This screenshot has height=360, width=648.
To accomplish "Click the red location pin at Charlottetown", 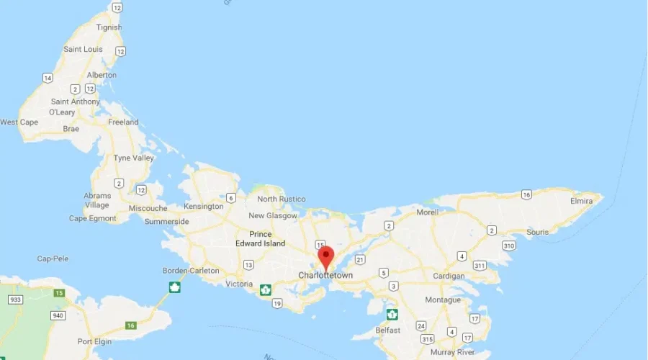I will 325,257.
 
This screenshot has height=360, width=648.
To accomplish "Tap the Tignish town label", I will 109,27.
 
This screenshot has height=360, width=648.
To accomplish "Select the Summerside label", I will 166,221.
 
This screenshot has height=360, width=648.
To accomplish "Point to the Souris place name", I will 537,232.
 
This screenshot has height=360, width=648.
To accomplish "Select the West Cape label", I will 19,122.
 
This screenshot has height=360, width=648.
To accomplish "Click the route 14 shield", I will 48,78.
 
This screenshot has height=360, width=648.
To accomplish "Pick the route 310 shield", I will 509,246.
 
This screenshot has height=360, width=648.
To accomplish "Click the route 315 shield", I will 428,339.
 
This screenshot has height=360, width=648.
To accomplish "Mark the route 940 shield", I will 58,315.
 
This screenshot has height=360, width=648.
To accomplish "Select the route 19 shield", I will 277,303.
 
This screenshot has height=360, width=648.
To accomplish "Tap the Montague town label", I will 443,300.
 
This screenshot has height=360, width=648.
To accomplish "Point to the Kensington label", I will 203,207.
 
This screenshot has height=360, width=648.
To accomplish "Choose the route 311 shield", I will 479,266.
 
